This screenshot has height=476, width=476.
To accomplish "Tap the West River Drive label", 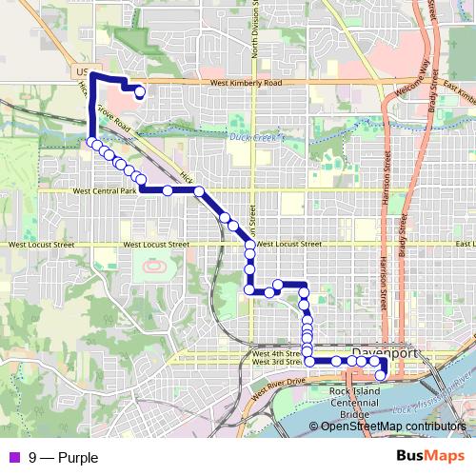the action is (280, 385).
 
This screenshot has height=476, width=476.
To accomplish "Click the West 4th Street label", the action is (276, 353).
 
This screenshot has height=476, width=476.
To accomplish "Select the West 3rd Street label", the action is (276, 363).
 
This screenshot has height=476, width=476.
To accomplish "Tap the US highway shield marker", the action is (80, 71).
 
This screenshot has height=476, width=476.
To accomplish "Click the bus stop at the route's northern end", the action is (140, 92).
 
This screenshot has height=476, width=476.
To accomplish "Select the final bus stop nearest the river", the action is (380, 375).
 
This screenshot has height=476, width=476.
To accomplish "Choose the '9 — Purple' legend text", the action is (63, 457).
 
